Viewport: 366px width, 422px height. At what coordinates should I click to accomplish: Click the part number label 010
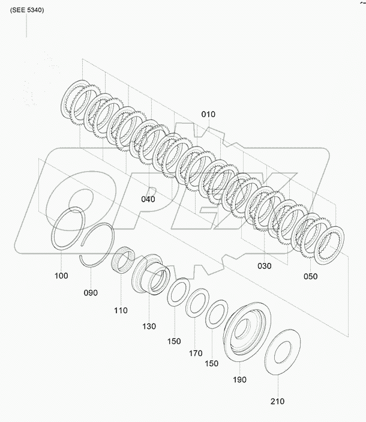(208, 115)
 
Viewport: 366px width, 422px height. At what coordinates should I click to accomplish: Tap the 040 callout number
(148, 199)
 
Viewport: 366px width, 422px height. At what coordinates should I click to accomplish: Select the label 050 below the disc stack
(310, 276)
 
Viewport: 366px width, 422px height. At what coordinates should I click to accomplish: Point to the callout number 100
(61, 276)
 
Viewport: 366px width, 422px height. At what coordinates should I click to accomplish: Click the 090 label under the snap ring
(91, 293)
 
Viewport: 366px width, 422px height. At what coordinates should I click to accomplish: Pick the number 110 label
(121, 310)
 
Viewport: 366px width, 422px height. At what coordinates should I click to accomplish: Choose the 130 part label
(149, 327)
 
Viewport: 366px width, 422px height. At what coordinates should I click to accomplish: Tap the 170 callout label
(196, 353)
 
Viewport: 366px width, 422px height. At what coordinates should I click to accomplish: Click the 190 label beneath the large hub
(239, 380)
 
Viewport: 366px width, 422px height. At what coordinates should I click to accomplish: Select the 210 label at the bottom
(277, 402)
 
